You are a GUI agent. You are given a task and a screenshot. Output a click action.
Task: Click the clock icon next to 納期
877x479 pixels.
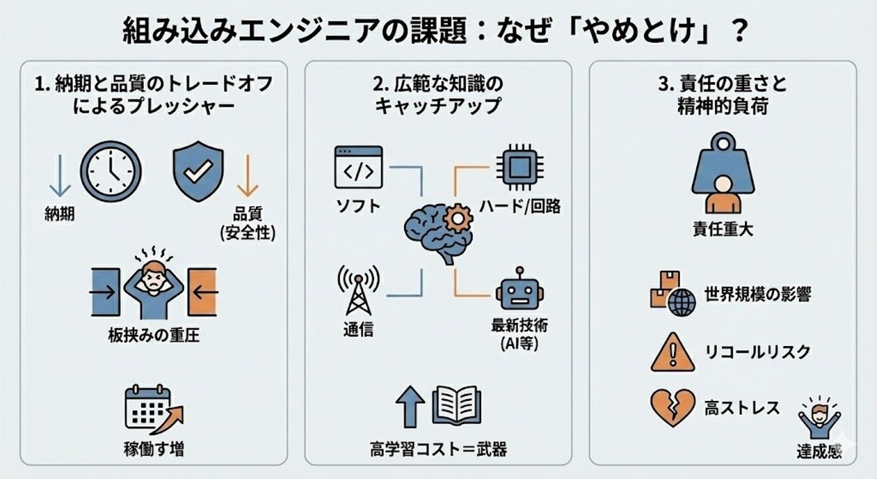click(111, 171)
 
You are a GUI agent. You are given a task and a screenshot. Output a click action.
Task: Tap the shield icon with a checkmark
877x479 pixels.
click(199, 171)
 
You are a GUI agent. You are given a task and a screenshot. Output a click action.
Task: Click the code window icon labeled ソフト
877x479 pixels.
click(358, 167)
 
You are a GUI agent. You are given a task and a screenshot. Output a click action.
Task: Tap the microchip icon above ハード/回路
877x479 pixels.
click(520, 167)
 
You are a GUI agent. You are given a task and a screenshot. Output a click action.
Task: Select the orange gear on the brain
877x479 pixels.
click(457, 218)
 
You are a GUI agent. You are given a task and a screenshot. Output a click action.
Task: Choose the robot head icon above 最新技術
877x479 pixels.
click(520, 290)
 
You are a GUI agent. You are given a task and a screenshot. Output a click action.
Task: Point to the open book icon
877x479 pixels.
click(457, 405)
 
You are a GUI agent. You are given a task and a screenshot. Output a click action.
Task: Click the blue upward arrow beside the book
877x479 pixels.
click(410, 406)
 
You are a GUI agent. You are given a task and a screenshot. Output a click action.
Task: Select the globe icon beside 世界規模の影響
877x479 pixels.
click(682, 303)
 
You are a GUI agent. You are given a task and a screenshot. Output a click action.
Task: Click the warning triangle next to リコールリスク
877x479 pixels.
click(672, 353)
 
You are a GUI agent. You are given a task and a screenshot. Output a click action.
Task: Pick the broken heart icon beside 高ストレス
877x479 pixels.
click(672, 408)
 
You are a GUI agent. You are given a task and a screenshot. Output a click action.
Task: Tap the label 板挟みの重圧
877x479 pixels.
click(154, 335)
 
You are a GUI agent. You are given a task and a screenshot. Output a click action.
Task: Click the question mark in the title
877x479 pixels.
click(739, 30)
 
